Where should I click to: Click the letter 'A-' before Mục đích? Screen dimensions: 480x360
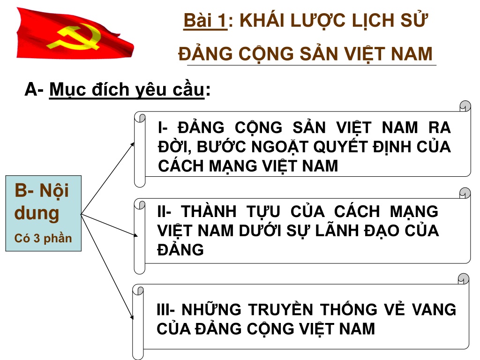34,89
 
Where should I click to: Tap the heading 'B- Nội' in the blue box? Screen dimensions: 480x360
42,190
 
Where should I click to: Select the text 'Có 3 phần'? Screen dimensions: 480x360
43,239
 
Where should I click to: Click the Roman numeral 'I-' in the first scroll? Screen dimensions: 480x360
163,127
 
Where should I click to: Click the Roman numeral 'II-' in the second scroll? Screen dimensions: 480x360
164,211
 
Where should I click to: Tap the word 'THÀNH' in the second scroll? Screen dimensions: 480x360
209,211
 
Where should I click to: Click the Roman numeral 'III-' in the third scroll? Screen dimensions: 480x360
165,309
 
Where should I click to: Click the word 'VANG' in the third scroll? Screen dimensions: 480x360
434,309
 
